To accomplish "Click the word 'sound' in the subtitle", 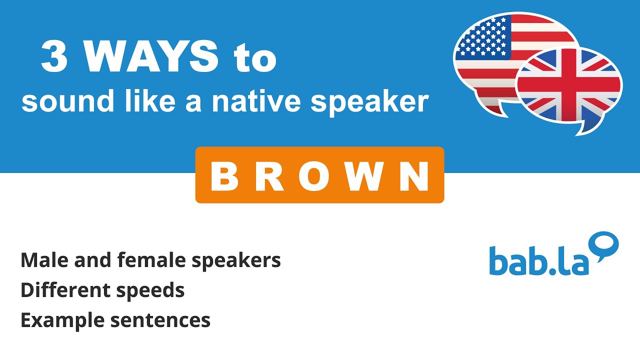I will [56, 101].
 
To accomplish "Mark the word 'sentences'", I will [160, 320].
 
